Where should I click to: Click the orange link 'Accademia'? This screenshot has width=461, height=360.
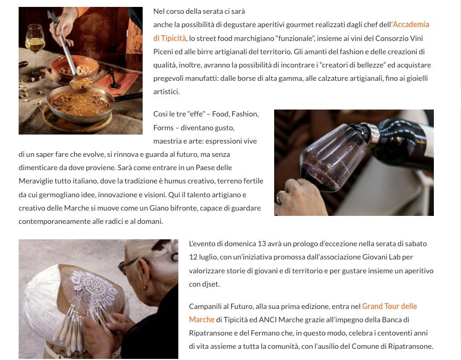tap(411, 24)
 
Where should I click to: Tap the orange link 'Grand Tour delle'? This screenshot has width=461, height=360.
tap(390, 306)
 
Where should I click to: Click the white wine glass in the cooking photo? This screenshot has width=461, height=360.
tap(35, 47)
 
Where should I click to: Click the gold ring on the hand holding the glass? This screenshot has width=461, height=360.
tap(280, 196)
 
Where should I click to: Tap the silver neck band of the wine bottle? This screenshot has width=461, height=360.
tap(373, 132)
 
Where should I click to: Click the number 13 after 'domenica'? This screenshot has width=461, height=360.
tap(262, 244)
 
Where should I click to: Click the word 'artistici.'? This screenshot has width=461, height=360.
tap(167, 91)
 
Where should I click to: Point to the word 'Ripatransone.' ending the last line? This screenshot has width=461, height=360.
tap(410, 347)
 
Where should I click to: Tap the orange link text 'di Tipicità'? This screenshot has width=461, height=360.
tap(170, 38)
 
